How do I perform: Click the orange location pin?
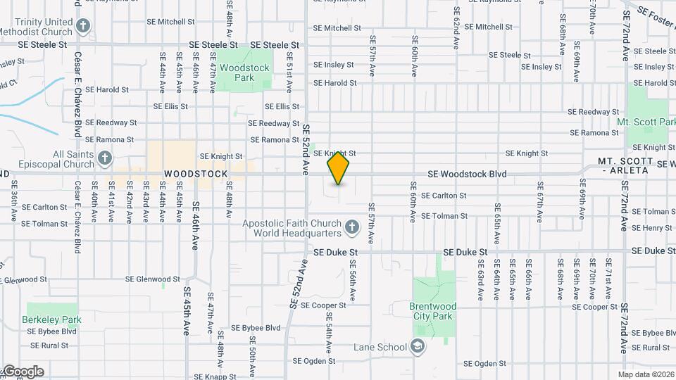[x=339, y=168]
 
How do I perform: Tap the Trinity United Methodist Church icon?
[x=84, y=27]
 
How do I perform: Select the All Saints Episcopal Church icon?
[x=105, y=158]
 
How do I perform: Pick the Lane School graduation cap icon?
[x=418, y=346]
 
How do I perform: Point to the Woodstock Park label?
[x=244, y=72]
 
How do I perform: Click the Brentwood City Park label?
[x=432, y=311]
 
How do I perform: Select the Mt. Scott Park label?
[x=646, y=122]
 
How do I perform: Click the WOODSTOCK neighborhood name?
[x=196, y=174]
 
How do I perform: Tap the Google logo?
[x=23, y=372]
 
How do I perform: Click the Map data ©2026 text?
[x=645, y=374]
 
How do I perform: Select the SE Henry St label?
[x=653, y=228]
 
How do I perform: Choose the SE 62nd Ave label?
[x=456, y=28]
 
